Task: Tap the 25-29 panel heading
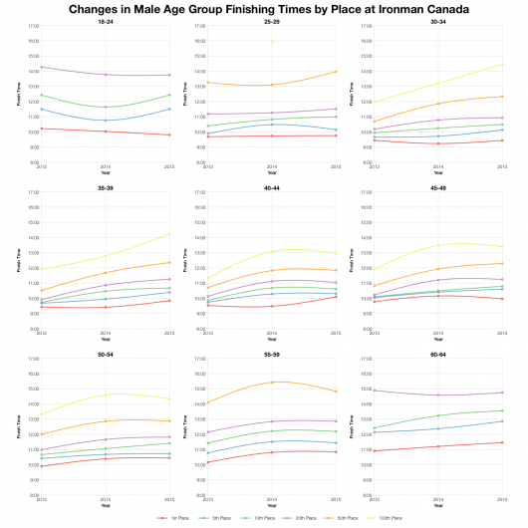click(x=271, y=21)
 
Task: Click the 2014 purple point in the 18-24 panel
click(x=105, y=75)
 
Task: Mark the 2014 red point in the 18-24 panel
click(x=105, y=132)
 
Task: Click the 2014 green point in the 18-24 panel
click(x=105, y=107)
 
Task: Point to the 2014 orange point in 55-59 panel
click(x=271, y=383)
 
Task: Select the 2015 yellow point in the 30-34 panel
click(x=502, y=65)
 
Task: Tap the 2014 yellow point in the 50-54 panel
click(x=105, y=395)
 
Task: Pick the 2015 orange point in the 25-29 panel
click(x=336, y=72)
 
